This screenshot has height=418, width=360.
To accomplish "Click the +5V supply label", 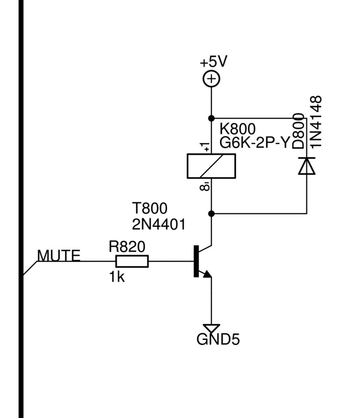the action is pyautogui.click(x=214, y=61).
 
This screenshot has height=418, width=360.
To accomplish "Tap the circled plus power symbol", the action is pyautogui.click(x=211, y=79).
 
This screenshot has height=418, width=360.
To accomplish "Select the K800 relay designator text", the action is pyautogui.click(x=237, y=129).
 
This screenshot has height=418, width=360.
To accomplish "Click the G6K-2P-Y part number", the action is pyautogui.click(x=255, y=143).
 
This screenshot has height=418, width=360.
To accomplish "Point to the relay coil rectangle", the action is pyautogui.click(x=211, y=166).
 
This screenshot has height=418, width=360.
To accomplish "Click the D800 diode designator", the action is pyautogui.click(x=298, y=131).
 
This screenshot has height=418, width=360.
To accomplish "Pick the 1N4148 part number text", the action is pyautogui.click(x=316, y=122).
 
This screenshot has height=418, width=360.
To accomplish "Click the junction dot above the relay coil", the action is pyautogui.click(x=211, y=118).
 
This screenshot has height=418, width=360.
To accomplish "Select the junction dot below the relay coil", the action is pyautogui.click(x=211, y=213).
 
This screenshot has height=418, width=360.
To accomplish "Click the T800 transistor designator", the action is pyautogui.click(x=150, y=208).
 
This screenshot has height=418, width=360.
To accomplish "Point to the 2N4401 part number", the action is pyautogui.click(x=158, y=224).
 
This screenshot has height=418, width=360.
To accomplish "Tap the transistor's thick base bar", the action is pyautogui.click(x=196, y=261).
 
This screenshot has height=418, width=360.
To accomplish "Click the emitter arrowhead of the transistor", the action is pyautogui.click(x=207, y=274).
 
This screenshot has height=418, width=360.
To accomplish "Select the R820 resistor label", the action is pyautogui.click(x=127, y=246).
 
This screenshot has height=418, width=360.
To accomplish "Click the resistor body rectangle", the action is pyautogui.click(x=132, y=261).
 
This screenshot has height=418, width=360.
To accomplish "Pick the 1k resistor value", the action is pyautogui.click(x=117, y=277).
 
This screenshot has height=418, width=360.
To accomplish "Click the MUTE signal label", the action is pyautogui.click(x=59, y=256).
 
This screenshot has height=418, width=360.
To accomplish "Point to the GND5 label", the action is pyautogui.click(x=218, y=340).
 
